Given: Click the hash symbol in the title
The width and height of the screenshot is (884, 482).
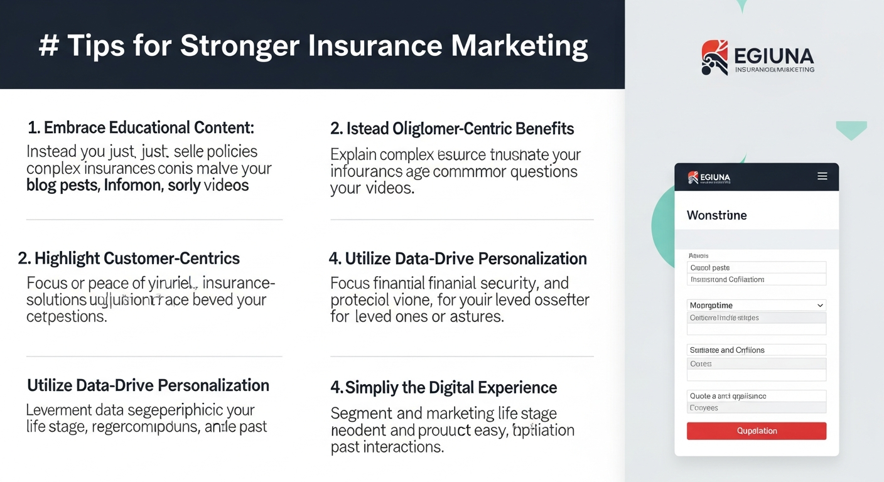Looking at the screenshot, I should pos(48,46).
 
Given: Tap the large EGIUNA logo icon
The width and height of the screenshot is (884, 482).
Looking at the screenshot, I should pos(714,58).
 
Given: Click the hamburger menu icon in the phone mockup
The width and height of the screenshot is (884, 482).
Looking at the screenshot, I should pos(822,177).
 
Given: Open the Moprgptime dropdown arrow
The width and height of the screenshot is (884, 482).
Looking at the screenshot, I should pos(820,306).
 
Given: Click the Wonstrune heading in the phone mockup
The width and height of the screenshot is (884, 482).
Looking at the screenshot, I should pos(716,215).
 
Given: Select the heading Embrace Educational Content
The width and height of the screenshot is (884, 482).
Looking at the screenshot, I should pos(141,128).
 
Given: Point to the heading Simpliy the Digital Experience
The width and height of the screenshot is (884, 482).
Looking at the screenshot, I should pos(444,388).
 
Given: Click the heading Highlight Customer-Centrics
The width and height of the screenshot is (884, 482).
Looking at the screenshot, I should pos(129,258).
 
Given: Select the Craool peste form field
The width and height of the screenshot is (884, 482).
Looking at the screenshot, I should pos(756,267).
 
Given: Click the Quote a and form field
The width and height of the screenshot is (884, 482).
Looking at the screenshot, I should pos(756,396).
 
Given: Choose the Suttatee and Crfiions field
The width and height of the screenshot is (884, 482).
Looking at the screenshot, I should pos(756,350).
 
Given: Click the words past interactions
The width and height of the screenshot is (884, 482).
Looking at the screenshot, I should pos(387,447).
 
